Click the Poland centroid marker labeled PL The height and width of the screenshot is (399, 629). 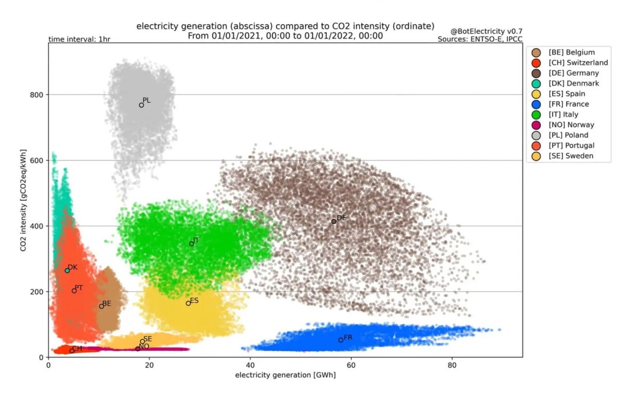(141, 105)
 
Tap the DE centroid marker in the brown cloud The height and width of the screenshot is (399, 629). (334, 221)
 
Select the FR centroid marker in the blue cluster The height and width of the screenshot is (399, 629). (341, 340)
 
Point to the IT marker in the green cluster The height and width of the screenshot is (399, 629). (192, 244)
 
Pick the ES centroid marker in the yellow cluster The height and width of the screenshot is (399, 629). (188, 303)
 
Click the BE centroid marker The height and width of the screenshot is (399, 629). (101, 306)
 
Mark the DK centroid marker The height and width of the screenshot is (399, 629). (67, 270)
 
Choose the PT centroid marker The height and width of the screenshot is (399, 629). (74, 291)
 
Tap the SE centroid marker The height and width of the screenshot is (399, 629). (142, 341)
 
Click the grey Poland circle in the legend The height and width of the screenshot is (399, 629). (536, 135)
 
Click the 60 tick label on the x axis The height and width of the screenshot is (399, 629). (350, 366)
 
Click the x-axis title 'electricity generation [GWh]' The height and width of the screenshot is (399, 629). (285, 375)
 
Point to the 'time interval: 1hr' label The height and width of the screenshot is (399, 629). (79, 39)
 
